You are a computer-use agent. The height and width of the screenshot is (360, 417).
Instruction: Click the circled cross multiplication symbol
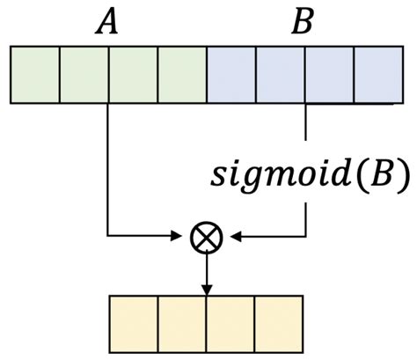pos(207,236)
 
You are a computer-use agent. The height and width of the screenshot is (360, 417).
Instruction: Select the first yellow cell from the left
pos(133,322)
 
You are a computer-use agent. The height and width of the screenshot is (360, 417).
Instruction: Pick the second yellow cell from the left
pos(182,322)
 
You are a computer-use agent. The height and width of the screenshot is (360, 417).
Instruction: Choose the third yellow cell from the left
pos(230,322)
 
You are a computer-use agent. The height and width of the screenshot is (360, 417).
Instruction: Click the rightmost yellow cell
pos(279,322)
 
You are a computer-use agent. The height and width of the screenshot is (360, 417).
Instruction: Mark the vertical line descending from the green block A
pos(107,167)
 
